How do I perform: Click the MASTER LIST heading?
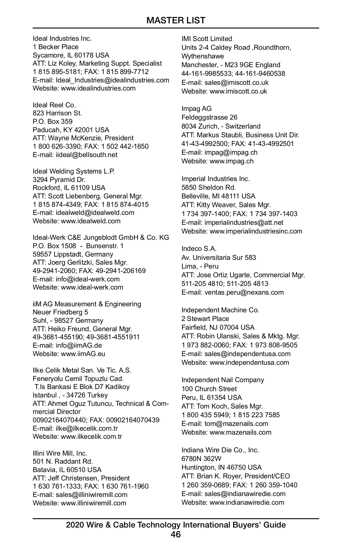coord(176,20)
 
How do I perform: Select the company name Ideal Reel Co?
coord(54,105)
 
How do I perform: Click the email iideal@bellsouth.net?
coord(86,155)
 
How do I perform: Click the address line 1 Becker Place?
coord(55,47)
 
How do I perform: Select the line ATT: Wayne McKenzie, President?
coord(83,138)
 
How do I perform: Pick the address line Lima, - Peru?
coord(200,266)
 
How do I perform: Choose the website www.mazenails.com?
coord(240,432)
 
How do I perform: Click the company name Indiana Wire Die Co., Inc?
coord(220,450)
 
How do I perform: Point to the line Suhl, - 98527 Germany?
coord(68,320)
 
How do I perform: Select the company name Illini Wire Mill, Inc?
coord(60,453)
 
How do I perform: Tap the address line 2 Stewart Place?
coord(205,319)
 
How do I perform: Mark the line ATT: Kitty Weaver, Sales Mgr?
coord(226,205)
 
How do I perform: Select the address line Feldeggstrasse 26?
coord(209,117)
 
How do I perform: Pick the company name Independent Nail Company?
coord(223,380)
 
